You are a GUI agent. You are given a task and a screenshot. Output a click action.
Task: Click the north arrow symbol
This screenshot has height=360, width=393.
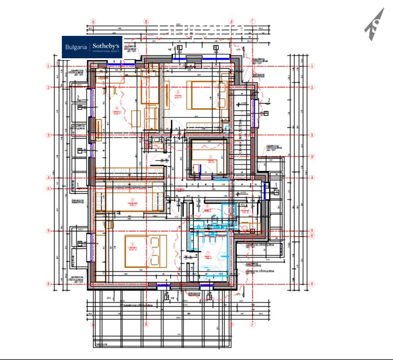pyautogui.click(x=375, y=25)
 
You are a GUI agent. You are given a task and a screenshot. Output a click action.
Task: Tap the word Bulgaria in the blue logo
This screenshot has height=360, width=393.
pyautogui.click(x=76, y=47)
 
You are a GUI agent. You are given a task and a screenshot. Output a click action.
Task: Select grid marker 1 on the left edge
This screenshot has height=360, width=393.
pyautogui.click(x=48, y=66)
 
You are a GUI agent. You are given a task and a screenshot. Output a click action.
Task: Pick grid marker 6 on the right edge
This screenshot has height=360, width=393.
pyautogui.click(x=312, y=284)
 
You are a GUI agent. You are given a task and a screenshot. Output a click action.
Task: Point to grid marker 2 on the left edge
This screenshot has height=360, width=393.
pyautogui.click(x=48, y=87)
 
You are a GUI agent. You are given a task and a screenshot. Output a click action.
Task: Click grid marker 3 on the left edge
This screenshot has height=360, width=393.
pyautogui.click(x=48, y=135)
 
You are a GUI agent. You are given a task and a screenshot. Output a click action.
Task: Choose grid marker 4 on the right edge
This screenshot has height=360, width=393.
pyautogui.click(x=312, y=178)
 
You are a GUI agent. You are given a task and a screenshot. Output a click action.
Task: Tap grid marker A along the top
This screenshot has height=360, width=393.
pyautogui.click(x=93, y=21)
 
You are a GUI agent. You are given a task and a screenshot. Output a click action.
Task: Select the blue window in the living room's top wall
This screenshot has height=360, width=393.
pyautogui.click(x=121, y=65)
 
